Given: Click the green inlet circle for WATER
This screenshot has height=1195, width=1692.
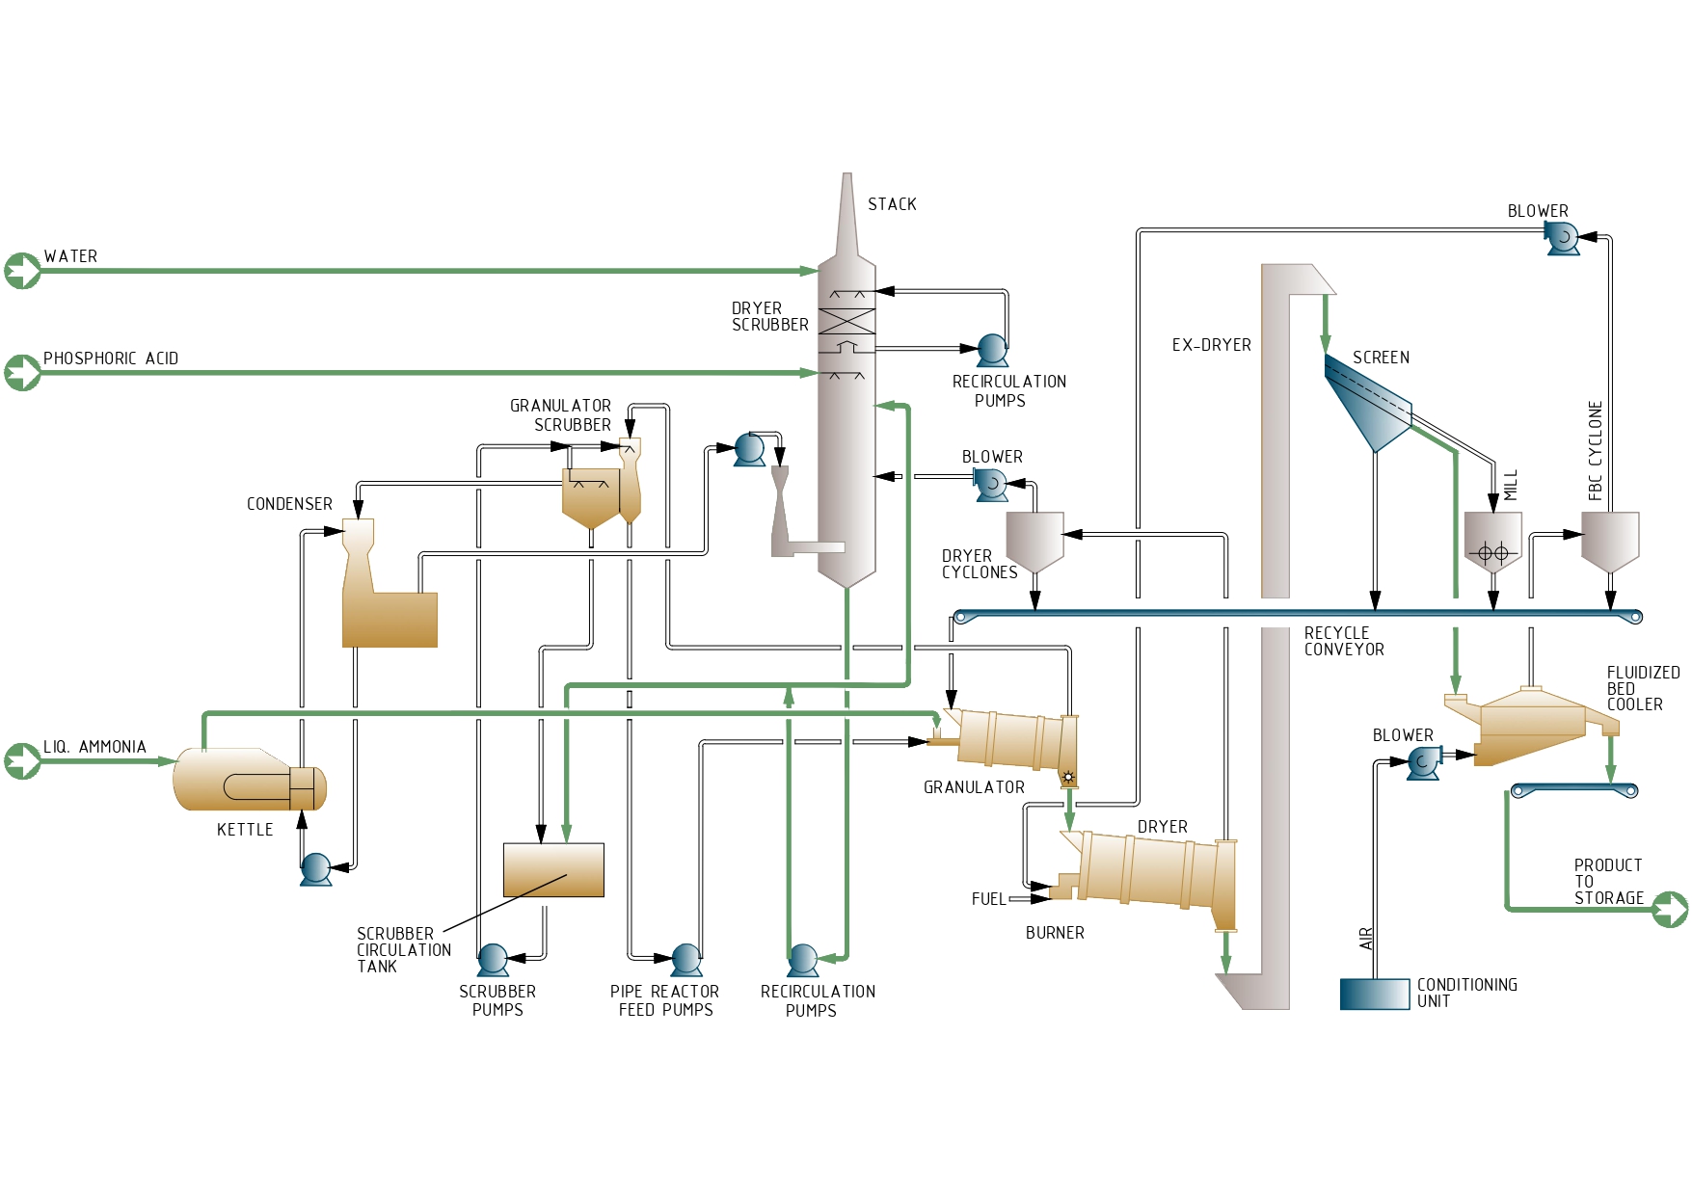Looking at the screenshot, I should point(22,271).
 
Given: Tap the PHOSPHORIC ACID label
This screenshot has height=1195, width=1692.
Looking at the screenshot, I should point(111,358).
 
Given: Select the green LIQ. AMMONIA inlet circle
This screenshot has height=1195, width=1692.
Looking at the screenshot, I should point(22,760).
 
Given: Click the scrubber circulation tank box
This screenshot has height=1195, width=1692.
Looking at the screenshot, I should point(553,869).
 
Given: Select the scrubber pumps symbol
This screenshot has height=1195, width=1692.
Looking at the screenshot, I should point(493,960).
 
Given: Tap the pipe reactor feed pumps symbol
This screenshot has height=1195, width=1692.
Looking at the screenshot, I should point(686,960).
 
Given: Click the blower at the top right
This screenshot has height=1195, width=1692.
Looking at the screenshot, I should point(1562,237).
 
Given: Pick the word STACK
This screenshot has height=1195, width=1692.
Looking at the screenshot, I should point(892,204).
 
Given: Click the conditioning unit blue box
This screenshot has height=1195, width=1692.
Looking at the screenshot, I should point(1375,994).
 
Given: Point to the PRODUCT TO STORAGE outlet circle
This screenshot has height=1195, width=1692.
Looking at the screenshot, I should point(1670,909).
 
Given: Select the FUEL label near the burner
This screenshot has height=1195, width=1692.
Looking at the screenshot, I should point(988,899).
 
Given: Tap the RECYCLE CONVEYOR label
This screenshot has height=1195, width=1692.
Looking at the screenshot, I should point(1344,641).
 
